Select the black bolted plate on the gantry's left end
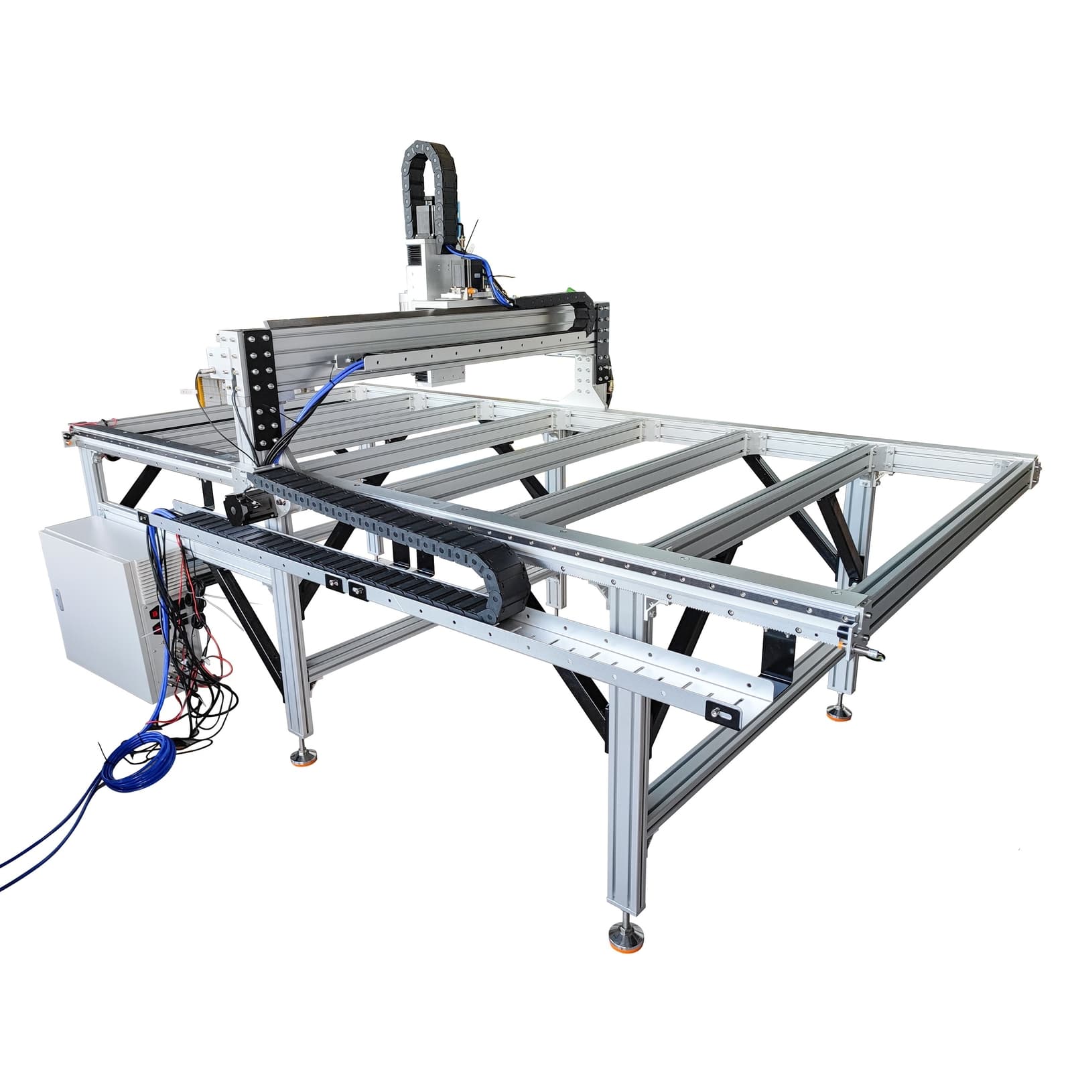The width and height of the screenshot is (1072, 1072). click(261, 389)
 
